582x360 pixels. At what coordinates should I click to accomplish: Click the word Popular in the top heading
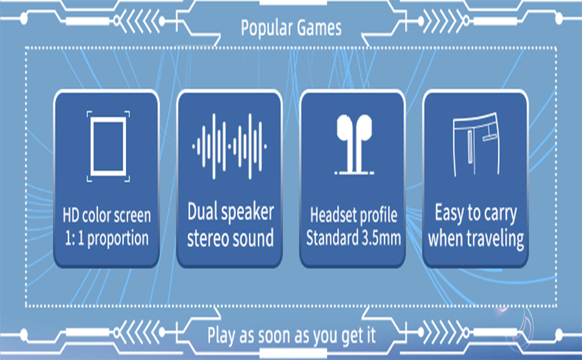tap(264, 28)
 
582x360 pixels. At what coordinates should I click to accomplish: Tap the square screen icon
tap(109, 146)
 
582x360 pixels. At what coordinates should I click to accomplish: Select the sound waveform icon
tap(229, 146)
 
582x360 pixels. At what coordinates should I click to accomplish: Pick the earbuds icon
tap(354, 145)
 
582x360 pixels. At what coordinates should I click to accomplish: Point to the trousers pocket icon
tap(476, 145)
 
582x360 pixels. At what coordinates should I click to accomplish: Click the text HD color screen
tap(107, 215)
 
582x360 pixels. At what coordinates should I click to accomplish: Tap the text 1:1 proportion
tap(107, 238)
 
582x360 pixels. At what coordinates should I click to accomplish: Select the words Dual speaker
tap(230, 212)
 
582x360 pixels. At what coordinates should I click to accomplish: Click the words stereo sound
tap(230, 238)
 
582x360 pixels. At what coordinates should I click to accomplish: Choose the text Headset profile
tap(353, 215)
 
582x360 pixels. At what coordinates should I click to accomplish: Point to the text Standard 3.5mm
tap(353, 238)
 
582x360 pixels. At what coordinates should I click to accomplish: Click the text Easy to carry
tap(476, 214)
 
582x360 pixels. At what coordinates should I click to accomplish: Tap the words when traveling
tap(476, 239)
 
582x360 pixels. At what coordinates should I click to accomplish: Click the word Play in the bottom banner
tap(221, 336)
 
